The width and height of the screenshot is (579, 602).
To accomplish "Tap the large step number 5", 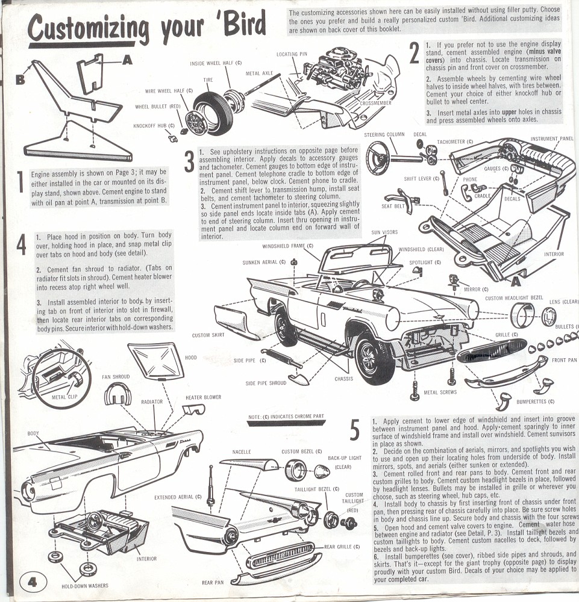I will (355, 430).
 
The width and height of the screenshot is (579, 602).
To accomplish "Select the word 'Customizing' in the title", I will (88, 28).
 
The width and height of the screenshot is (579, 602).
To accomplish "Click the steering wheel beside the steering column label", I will (378, 158).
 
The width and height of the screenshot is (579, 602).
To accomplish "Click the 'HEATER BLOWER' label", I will (202, 397).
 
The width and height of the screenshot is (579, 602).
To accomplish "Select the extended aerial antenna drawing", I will (210, 485).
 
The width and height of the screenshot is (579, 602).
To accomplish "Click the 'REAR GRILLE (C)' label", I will (342, 547).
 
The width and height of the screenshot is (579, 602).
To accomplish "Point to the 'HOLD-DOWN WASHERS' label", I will (84, 585).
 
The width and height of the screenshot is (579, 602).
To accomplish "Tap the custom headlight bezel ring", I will (522, 315).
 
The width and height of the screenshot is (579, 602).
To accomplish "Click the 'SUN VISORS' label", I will (384, 232).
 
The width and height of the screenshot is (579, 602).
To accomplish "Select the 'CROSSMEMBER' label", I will (377, 103).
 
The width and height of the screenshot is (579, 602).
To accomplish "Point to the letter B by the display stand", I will (20, 79).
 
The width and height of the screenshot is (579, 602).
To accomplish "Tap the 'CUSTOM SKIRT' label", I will (208, 335).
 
